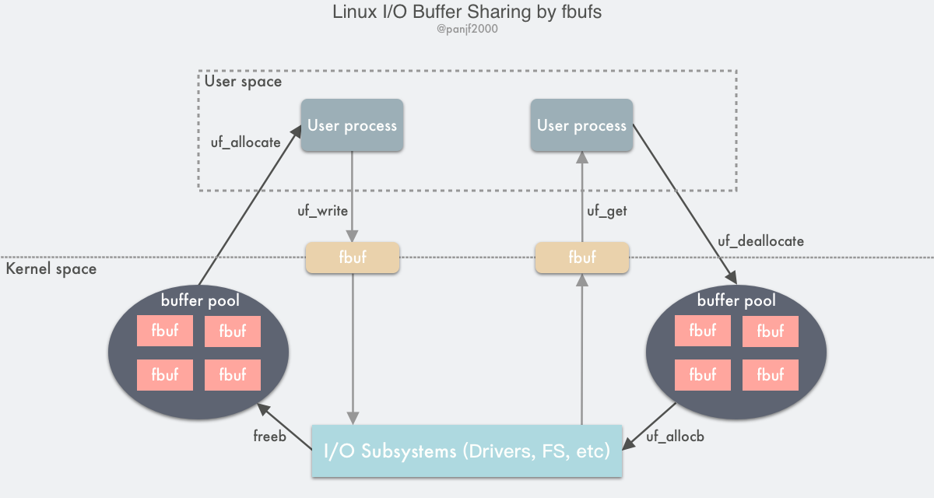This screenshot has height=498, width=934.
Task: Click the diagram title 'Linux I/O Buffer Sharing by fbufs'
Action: click(466, 12)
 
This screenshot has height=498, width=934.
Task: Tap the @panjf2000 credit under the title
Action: click(466, 30)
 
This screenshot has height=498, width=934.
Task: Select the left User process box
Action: click(352, 125)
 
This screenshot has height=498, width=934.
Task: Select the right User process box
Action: click(581, 125)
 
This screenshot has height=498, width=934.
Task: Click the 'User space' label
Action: click(243, 81)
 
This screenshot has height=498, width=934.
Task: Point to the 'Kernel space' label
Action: click(51, 269)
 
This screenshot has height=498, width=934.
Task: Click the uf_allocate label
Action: click(246, 142)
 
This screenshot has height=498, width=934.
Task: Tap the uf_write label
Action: click(321, 210)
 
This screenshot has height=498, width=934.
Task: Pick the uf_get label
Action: click(606, 210)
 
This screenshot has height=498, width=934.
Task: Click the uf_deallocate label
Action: click(760, 241)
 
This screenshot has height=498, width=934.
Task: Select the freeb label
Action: click(269, 437)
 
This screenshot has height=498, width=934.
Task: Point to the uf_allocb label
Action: click(675, 437)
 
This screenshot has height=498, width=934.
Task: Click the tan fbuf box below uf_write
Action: click(352, 258)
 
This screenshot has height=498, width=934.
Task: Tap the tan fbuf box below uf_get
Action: click(581, 258)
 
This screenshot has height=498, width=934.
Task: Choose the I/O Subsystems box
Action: click(467, 451)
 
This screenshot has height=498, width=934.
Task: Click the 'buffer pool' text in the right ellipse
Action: click(736, 300)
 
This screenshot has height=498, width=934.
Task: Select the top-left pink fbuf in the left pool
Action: click(165, 331)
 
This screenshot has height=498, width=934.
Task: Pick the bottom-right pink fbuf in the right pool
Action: click(770, 375)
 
